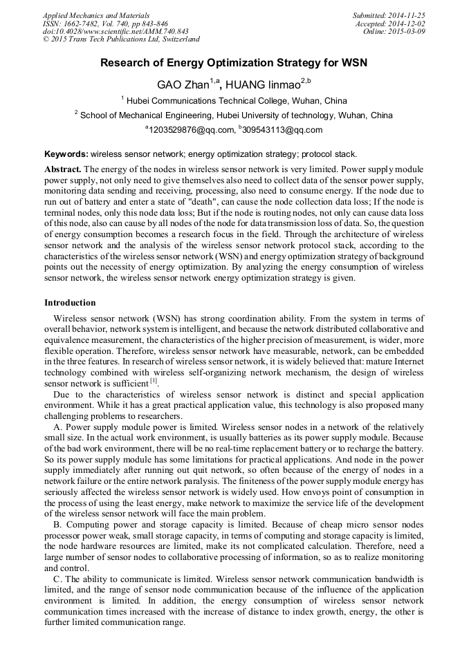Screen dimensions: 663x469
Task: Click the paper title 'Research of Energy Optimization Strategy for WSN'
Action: pos(234,63)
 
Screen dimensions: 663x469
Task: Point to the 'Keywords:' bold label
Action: pos(66,153)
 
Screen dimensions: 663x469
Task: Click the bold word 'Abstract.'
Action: pos(63,169)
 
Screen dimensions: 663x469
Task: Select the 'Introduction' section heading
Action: pos(70,303)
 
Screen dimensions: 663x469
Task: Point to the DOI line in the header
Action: pos(116,31)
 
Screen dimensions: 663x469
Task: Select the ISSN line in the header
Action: pos(105,23)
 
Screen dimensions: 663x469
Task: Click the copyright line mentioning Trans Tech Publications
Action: pos(121,39)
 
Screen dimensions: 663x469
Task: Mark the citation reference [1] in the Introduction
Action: pos(154,381)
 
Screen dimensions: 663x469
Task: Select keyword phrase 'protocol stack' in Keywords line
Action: pos(330,153)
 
